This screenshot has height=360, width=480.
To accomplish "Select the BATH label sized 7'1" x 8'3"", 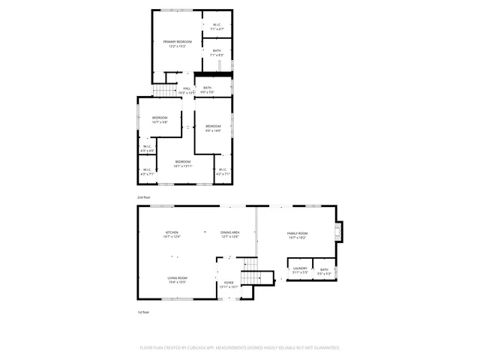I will point(217,50).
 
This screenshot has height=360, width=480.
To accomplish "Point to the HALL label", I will point(187,88).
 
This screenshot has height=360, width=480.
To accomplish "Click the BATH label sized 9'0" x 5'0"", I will point(207,88).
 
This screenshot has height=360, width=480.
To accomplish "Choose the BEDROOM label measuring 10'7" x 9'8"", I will point(160,118).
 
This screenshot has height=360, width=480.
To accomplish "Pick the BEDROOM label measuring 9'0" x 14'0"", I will point(213,126).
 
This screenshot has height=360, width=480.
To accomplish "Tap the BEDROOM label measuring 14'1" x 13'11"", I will point(183,162).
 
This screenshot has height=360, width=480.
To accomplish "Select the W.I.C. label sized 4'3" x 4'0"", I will point(147,146).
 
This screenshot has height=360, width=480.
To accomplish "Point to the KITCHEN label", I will point(172,233).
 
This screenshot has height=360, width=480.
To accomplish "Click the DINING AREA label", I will point(229,233).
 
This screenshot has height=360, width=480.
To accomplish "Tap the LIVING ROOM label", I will point(177,278).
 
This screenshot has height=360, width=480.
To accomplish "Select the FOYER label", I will point(228,283).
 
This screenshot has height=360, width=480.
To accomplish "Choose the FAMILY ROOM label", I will point(298,233).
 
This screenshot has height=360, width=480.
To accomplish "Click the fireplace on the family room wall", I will point(339,232).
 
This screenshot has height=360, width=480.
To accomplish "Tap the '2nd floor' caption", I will point(143,197).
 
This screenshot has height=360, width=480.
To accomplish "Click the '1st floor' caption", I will point(143,312).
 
